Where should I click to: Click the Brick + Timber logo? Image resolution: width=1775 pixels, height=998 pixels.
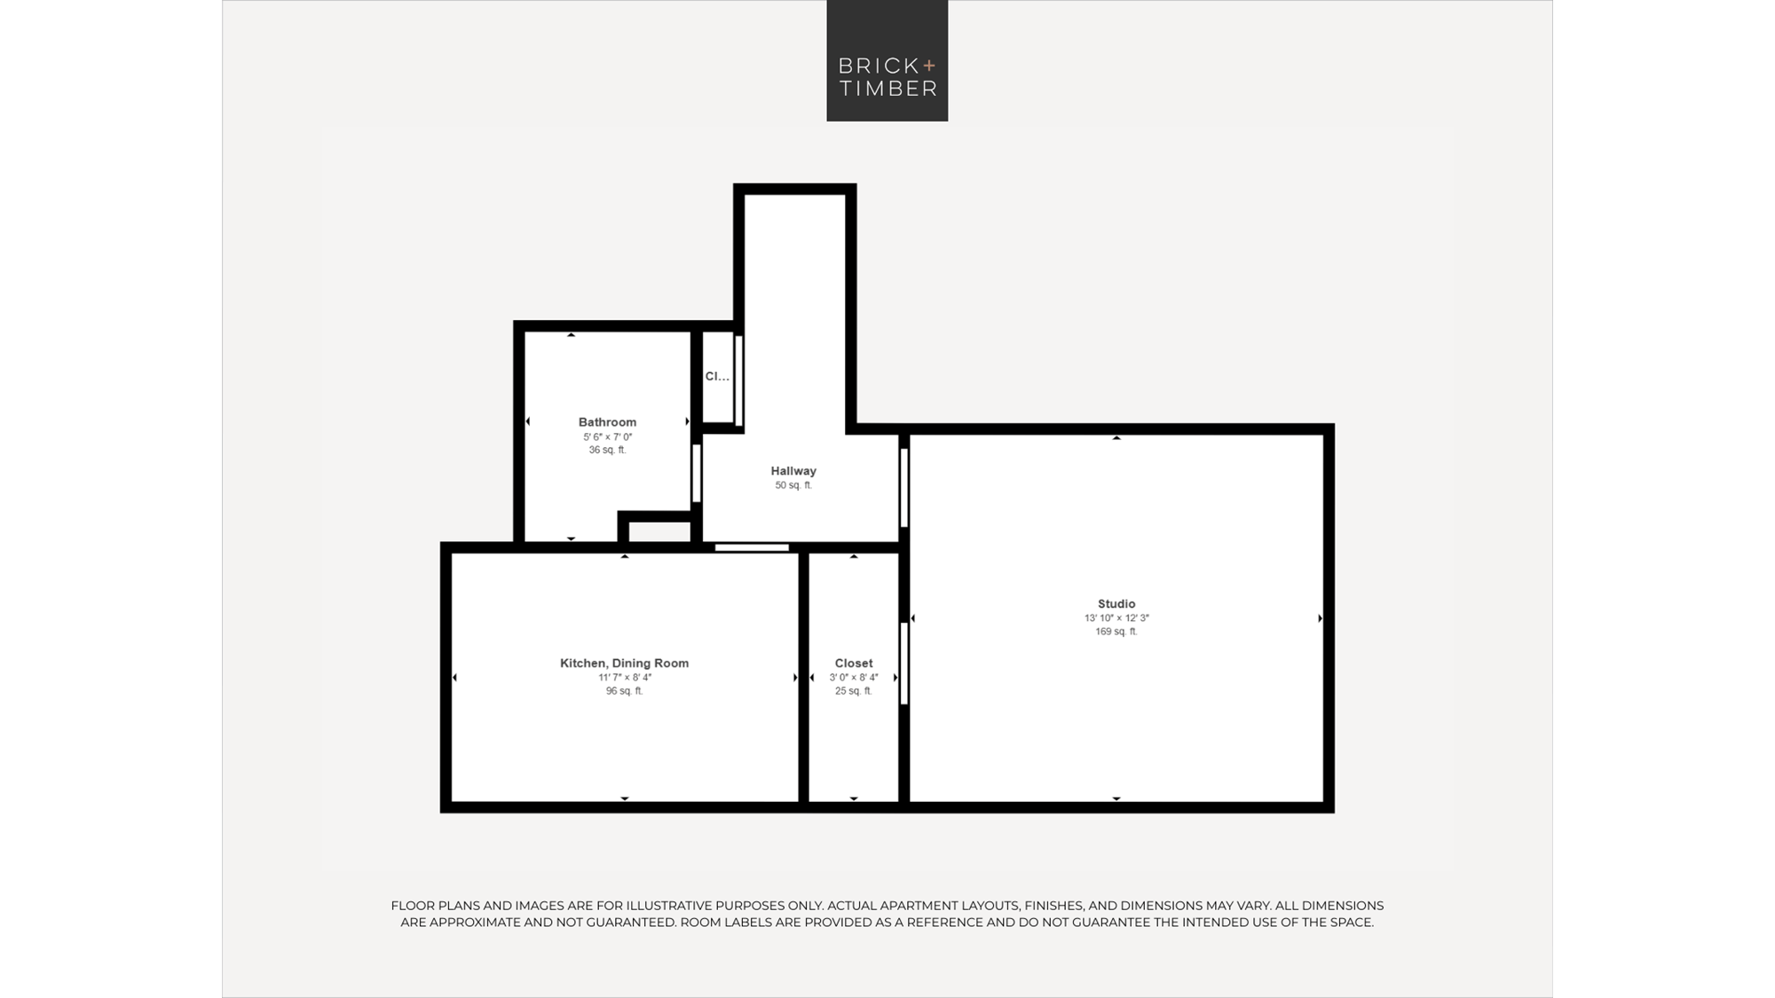tap(887, 60)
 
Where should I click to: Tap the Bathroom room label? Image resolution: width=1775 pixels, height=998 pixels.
tap(607, 422)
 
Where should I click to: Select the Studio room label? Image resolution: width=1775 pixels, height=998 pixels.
tap(1116, 604)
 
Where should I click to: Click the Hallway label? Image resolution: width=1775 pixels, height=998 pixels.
tap(793, 471)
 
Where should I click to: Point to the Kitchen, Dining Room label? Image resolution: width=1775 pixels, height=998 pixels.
tap(624, 664)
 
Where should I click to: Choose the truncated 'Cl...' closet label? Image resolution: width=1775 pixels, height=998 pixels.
tap(717, 376)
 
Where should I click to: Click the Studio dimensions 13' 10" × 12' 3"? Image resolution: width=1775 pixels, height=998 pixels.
tap(1116, 618)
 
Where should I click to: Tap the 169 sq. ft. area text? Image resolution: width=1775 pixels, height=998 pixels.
tap(1116, 632)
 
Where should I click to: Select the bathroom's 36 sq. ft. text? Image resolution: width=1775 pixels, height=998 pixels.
tap(607, 450)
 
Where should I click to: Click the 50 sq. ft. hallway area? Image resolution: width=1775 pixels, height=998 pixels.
tap(793, 485)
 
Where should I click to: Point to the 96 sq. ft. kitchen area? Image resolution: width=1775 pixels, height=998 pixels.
tap(624, 691)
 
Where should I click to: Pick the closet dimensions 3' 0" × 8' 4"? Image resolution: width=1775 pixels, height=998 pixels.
tap(854, 678)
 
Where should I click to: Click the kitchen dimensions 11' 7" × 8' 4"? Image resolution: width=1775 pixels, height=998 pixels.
tap(624, 678)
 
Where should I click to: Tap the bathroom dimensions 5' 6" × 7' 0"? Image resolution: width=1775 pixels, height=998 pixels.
tap(607, 436)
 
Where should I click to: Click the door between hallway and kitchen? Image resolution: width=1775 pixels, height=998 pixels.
tap(752, 547)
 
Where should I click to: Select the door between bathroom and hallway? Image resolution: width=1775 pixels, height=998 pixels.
tap(697, 474)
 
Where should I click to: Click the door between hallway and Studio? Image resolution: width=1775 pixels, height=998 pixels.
tap(904, 488)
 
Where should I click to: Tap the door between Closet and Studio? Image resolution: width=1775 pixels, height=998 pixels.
tap(904, 664)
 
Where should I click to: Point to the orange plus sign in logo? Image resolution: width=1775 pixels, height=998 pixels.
tap(929, 66)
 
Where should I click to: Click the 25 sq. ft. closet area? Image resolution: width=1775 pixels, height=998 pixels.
tap(854, 691)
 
